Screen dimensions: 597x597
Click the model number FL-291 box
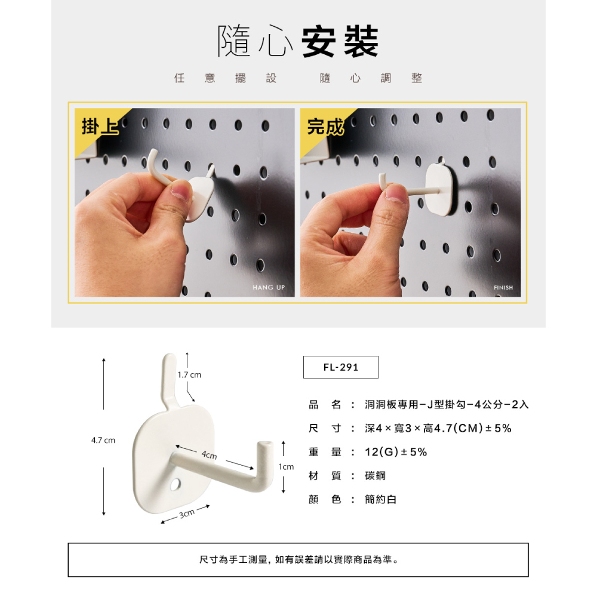click(341, 367)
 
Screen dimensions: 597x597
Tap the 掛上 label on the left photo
click(100, 127)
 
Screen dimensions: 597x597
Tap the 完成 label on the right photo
click(325, 127)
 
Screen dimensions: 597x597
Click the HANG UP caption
click(269, 288)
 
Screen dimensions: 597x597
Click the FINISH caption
click(503, 288)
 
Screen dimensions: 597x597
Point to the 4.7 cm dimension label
click(103, 440)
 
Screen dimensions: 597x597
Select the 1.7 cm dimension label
click(189, 375)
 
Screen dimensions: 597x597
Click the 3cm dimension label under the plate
click(187, 514)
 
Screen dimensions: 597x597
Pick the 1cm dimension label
click(287, 467)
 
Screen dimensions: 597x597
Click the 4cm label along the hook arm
click(210, 455)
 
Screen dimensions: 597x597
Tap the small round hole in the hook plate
click(176, 485)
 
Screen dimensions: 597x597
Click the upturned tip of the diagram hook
click(266, 445)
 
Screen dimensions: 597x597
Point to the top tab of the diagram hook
click(170, 377)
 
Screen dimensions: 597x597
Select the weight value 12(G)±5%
click(396, 452)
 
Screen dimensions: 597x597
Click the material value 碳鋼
click(375, 476)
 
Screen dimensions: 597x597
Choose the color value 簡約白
click(380, 499)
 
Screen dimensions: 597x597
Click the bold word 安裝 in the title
click(340, 42)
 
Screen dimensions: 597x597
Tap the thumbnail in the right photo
click(396, 192)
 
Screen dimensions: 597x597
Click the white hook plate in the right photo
click(441, 189)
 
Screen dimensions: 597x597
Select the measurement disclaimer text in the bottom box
click(299, 560)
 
